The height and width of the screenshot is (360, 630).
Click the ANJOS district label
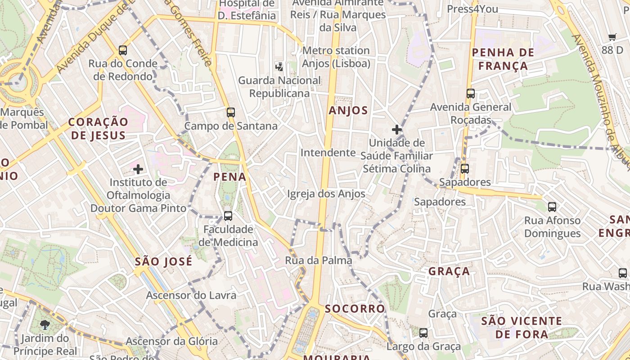tap(348, 111)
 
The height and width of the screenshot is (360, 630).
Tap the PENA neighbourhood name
tap(230, 177)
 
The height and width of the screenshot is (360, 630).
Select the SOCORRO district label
tap(355, 309)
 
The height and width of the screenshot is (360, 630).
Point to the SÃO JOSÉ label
tap(164, 261)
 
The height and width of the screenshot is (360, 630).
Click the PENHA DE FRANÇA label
tap(503, 59)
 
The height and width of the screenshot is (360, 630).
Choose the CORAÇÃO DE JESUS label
tap(98, 128)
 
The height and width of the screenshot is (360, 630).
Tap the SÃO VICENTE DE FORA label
tap(522, 328)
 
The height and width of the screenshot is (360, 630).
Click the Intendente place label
tap(328, 153)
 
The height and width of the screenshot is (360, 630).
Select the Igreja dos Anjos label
tap(326, 194)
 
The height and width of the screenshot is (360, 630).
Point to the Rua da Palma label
tap(319, 260)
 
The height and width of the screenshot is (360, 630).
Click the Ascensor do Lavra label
tap(191, 296)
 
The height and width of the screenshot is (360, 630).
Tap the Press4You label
tap(472, 9)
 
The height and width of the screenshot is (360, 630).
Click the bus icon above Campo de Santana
tap(231, 112)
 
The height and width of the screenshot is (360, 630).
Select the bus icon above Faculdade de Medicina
tap(228, 216)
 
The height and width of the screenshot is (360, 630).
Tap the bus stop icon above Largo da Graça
tap(423, 333)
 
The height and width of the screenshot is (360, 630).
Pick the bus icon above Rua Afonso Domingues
tap(552, 207)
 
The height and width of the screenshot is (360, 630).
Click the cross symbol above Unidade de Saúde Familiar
tap(396, 130)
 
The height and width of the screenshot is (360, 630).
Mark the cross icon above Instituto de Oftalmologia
tap(138, 169)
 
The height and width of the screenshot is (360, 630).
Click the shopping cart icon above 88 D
tap(612, 37)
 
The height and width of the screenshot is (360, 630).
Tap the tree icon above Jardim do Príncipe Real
tap(45, 325)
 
